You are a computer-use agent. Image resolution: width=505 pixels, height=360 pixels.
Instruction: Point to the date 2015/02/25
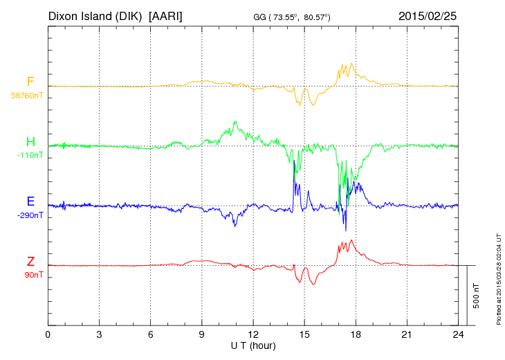click(x=428, y=15)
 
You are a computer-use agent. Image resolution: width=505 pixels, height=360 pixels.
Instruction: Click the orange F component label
click(x=30, y=82)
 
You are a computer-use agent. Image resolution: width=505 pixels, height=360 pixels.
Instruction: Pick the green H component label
click(x=30, y=142)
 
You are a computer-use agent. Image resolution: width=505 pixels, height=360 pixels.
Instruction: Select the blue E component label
click(x=30, y=201)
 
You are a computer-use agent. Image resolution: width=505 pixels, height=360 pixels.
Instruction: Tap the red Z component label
click(x=30, y=262)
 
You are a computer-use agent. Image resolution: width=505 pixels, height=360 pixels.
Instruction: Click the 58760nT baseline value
click(x=27, y=96)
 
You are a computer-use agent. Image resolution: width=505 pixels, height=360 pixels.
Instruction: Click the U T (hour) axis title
click(x=253, y=345)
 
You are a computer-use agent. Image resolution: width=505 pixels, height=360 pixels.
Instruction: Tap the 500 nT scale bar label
click(x=477, y=296)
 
